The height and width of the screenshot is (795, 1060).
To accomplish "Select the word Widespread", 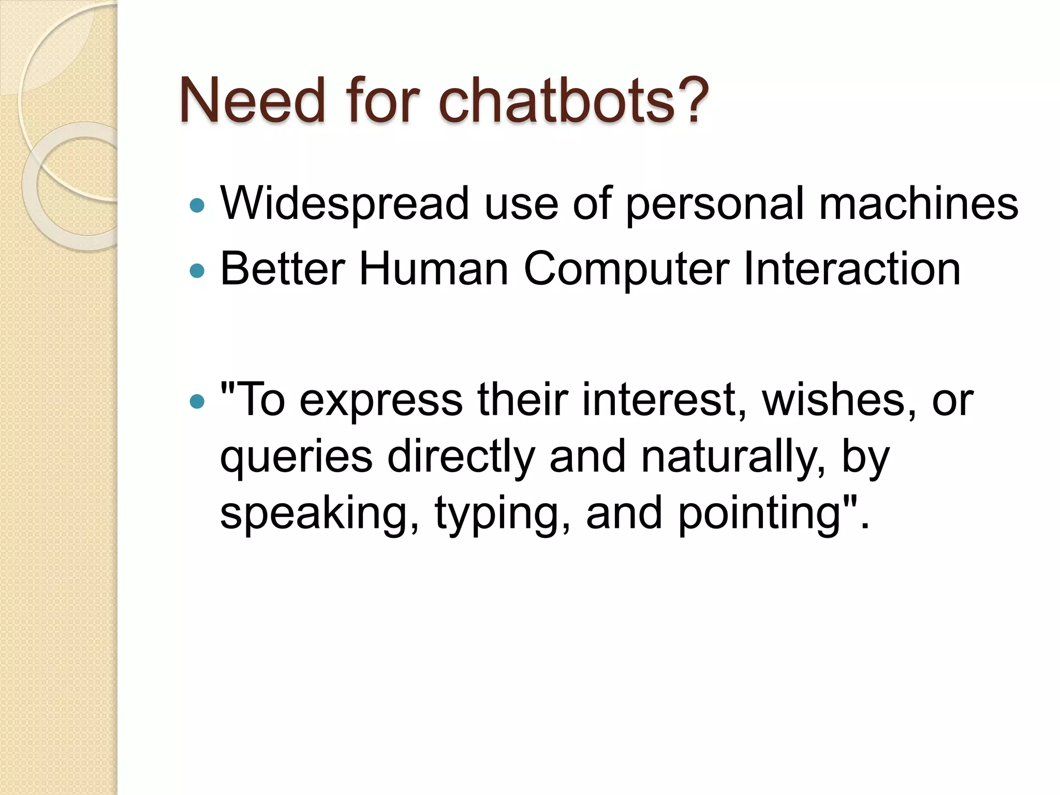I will (345, 204).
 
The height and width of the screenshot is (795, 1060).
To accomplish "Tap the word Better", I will (283, 269).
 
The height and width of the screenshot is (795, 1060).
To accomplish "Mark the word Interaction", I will (852, 269).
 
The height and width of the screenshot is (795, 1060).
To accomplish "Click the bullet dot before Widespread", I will (197, 206).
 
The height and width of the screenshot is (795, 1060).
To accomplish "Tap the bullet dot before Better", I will (197, 271).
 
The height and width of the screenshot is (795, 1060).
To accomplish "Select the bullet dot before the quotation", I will (197, 401).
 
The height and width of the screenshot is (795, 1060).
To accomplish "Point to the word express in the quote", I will (381, 400).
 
